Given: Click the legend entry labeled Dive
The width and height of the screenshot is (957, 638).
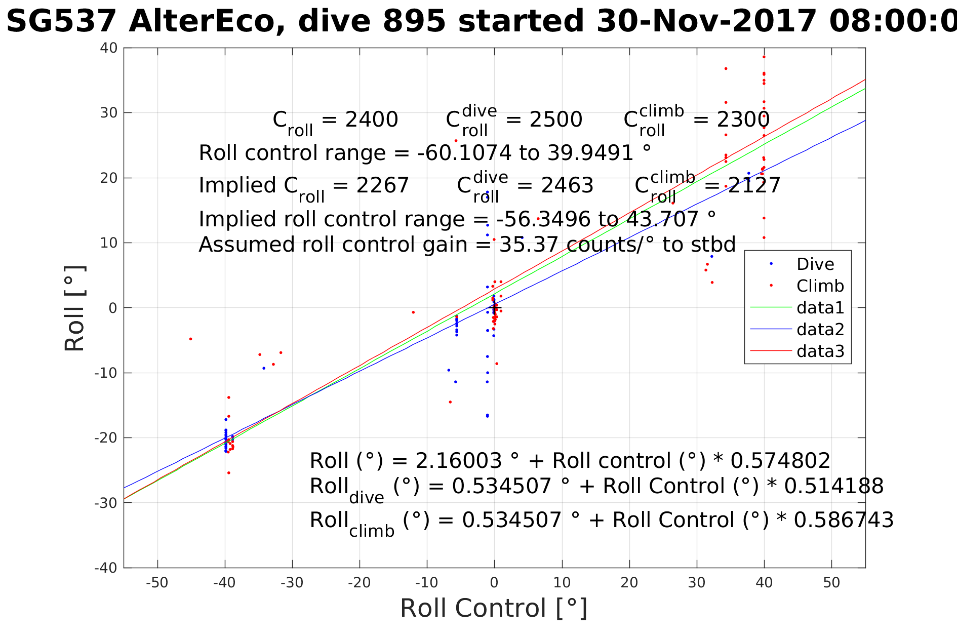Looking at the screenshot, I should pos(815,264).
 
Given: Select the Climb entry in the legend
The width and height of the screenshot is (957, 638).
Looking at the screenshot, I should pos(820,286).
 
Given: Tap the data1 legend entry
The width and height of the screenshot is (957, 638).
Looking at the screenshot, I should pos(820,308).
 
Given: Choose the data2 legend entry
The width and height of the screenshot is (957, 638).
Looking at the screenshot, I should pos(820,330).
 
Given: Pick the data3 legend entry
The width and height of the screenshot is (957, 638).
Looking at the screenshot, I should pos(820,351).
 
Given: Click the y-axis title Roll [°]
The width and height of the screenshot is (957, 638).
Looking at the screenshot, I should pos(75,308).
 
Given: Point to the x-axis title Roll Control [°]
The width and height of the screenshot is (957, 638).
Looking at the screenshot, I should pos(494,608).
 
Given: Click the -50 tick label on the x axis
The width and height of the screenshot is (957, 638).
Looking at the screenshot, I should pos(157,583).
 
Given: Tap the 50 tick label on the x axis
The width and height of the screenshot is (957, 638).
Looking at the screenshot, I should pos(831,583).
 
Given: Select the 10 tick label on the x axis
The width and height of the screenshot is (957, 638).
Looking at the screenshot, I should pos(562,583).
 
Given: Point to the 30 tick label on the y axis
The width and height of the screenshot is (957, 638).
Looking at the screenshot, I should pos(108,113).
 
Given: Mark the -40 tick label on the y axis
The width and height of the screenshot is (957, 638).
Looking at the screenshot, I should pos(106,568).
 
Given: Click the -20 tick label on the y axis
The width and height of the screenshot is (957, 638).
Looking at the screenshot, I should pos(106,438).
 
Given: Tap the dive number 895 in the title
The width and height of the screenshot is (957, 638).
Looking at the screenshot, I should pos(414,22).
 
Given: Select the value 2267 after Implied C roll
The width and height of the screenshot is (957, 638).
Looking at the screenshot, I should pos(382,185).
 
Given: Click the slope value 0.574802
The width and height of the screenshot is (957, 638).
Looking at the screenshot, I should pos(780,461).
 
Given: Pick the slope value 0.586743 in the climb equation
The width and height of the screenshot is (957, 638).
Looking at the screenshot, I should pos(843,520).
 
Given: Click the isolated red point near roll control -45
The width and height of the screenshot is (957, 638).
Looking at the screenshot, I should pos(190,339).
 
